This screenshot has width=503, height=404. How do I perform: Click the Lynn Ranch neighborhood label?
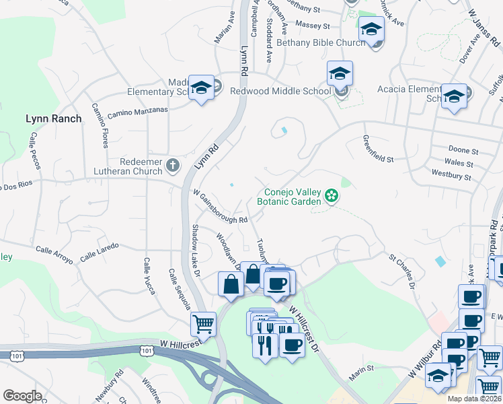(53, 119)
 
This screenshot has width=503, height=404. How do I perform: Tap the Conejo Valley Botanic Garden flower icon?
(331, 196)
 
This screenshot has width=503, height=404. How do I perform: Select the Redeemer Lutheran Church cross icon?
(172, 165)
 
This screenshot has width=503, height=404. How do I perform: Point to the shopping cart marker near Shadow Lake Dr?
(203, 324)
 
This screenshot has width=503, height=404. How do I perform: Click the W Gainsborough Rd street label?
(221, 207)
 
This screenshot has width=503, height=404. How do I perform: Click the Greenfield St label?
(377, 150)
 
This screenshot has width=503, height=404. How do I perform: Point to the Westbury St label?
(451, 175)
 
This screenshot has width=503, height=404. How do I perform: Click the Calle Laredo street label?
(99, 253)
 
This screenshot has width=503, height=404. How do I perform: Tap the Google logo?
(22, 396)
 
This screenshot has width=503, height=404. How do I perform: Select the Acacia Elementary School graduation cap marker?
(454, 96)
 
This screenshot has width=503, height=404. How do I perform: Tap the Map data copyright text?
(475, 399)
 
